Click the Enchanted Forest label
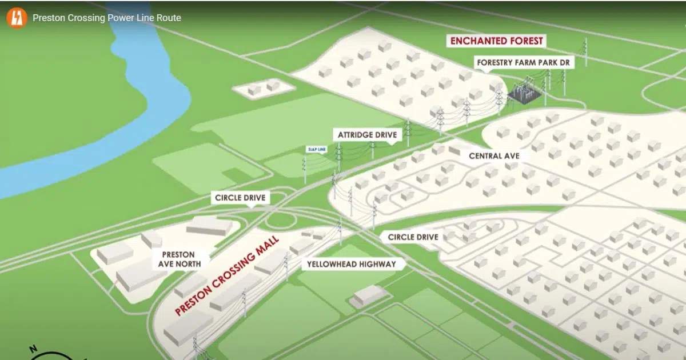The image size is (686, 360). [x=496, y=41]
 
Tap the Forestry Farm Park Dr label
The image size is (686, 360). [x=525, y=62]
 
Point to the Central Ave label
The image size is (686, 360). [x=494, y=155]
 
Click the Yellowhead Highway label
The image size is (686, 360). [x=351, y=265]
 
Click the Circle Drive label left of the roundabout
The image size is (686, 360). [x=241, y=198]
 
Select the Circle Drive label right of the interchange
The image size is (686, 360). [x=413, y=237]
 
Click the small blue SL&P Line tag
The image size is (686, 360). [x=317, y=150]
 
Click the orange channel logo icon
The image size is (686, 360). [x=17, y=17]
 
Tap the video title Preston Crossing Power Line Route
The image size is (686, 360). [x=107, y=18]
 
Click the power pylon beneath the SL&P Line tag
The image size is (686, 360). [x=304, y=169]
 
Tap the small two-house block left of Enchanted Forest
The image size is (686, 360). [x=264, y=88]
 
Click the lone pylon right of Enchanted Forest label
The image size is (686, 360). [x=585, y=52]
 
